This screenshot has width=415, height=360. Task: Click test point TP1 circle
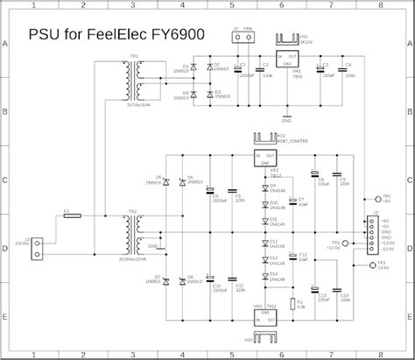(x=373, y=198)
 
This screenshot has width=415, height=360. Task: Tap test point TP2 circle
(x=344, y=244)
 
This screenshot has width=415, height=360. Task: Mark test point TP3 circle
(x=373, y=264)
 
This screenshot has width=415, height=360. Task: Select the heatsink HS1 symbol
(x=287, y=40)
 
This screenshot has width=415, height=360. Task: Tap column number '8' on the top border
(x=380, y=5)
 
